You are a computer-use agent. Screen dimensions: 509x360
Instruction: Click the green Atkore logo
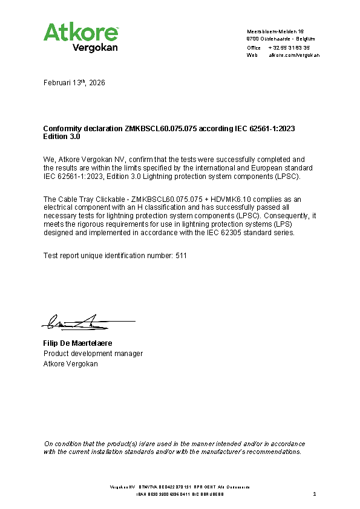tap(80, 31)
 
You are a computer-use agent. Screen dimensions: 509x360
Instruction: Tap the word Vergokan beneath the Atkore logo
tap(95, 47)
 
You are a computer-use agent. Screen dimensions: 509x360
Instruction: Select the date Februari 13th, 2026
tap(74, 83)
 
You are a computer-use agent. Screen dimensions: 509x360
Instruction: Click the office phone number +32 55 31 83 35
tap(289, 47)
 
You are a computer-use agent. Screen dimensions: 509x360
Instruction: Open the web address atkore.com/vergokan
tap(294, 55)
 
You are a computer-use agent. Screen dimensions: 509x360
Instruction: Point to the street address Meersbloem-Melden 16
tap(275, 31)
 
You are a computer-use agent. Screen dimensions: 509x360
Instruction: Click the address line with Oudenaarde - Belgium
tap(281, 39)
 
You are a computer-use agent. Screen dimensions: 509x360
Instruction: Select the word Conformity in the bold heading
tap(62, 129)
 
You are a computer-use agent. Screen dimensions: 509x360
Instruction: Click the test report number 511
tap(181, 256)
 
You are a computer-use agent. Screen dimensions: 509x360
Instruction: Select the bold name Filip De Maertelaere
tap(77, 343)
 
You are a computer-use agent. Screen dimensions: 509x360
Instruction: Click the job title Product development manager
tap(93, 354)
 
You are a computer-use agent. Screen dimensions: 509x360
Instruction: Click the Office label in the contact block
tap(254, 47)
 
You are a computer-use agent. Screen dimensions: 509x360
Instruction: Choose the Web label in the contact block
tap(252, 55)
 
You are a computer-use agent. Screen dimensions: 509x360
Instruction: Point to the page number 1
tap(315, 494)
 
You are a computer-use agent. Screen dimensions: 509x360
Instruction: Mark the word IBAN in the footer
tap(140, 494)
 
